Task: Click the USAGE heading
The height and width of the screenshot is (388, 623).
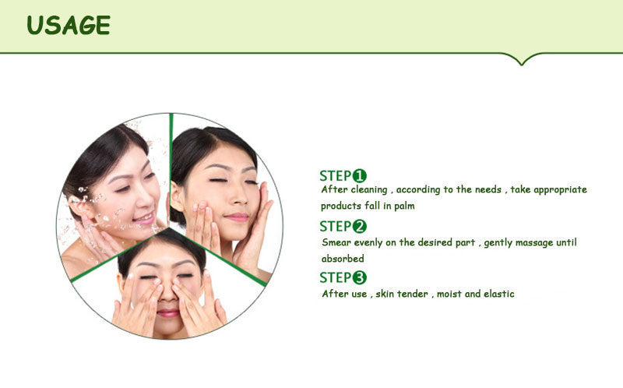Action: click(x=69, y=25)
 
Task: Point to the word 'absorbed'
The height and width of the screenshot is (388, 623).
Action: click(x=343, y=259)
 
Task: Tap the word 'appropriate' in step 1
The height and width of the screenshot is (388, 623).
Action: click(x=559, y=190)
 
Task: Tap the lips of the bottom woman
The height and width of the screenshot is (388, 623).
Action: click(x=167, y=312)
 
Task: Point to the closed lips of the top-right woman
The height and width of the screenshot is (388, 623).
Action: click(x=236, y=217)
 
